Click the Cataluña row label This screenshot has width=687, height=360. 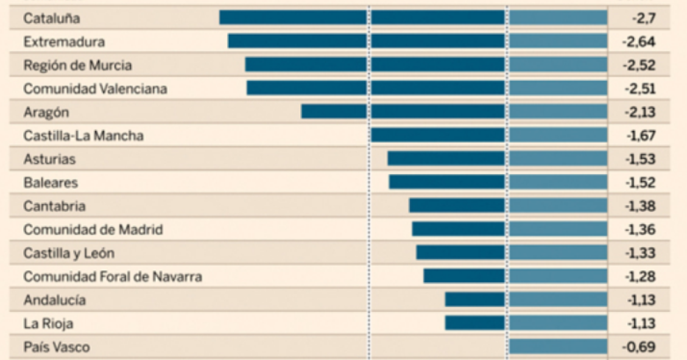[52, 18]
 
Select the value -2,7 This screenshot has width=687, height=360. [643, 18]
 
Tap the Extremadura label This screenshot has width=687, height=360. [64, 42]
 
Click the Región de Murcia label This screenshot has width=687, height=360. [77, 65]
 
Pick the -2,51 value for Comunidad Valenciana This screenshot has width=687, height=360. [639, 89]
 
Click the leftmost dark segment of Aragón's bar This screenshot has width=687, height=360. [334, 111]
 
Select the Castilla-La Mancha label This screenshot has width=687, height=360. [83, 135]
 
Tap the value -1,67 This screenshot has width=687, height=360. [640, 135]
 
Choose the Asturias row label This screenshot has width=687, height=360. [49, 159]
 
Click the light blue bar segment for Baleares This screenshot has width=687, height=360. [558, 182]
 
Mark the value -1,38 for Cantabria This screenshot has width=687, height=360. [640, 206]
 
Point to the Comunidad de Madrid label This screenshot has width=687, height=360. [93, 230]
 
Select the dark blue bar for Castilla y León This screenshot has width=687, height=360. [460, 253]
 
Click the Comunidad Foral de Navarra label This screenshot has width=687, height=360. [113, 277]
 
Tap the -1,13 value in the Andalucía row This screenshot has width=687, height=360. [640, 300]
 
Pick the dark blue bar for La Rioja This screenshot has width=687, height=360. [474, 323]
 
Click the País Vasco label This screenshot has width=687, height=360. [57, 347]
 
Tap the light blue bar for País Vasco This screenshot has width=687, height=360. [558, 347]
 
